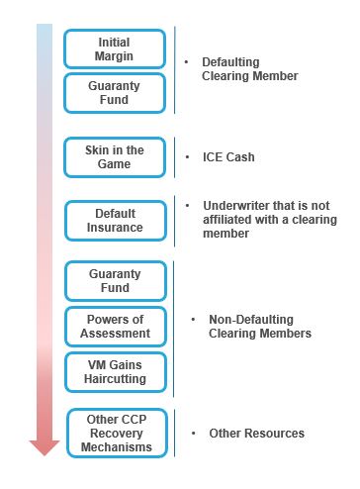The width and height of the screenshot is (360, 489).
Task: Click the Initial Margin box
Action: [115, 49]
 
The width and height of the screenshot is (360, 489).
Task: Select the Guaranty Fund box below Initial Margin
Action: [115, 93]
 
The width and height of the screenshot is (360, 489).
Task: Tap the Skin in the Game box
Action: [115, 157]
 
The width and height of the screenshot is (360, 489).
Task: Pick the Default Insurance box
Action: [115, 220]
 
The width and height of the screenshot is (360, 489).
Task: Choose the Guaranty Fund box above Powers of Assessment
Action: [115, 281]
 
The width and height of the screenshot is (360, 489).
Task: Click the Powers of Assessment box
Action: [115, 326]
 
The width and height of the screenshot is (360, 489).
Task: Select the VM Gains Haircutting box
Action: [115, 371]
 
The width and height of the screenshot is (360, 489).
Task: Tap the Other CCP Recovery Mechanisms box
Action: [115, 433]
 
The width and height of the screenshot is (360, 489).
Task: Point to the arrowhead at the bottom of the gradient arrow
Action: [45, 446]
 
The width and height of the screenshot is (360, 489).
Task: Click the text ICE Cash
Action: [228, 157]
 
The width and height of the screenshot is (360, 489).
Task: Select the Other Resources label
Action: [256, 434]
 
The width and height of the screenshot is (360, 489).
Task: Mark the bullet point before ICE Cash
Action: [188, 157]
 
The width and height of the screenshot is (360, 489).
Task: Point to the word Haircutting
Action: [116, 379]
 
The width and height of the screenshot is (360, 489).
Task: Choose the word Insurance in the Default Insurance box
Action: [115, 228]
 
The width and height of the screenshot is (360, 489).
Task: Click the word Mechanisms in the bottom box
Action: [115, 447]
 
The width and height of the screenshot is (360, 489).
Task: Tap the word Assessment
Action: [116, 334]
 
